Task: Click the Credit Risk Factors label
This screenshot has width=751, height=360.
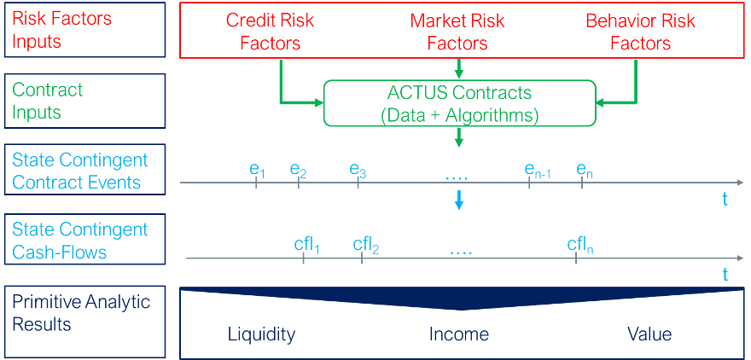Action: coord(271,32)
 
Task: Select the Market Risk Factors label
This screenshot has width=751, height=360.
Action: coord(457,32)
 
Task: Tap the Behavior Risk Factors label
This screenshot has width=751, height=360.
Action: coord(640,32)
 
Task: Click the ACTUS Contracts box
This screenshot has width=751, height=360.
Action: coord(460,102)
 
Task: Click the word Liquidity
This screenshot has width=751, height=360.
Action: coord(261,334)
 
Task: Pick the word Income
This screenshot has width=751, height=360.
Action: coord(459,334)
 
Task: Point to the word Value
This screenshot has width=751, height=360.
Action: coord(649,334)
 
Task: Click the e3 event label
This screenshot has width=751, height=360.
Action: coord(358,171)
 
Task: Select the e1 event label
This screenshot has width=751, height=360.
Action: coord(257,171)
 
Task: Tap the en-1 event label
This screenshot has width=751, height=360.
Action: coord(538,171)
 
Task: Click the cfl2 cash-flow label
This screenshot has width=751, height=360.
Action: coord(366,246)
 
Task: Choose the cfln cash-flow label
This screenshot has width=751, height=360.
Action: coord(580,246)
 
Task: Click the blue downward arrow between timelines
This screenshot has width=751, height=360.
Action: coord(459,200)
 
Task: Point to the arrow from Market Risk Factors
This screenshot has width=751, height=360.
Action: coord(459,68)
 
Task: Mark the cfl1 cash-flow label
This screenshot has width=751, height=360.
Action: coord(307,246)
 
